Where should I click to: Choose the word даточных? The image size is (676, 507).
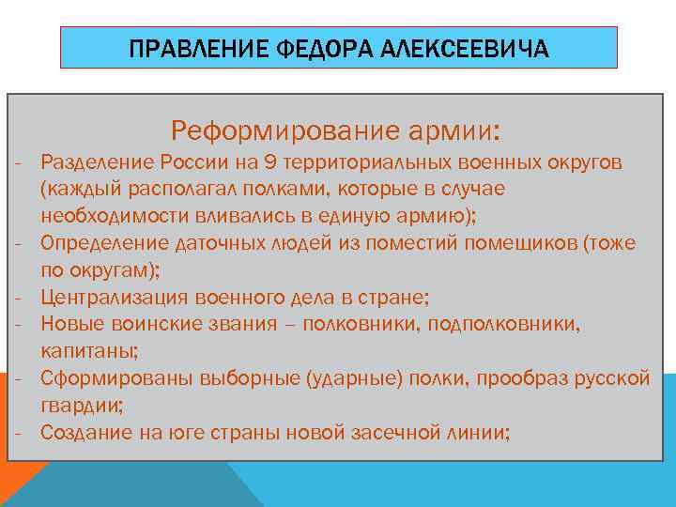pyautogui.click(x=211, y=243)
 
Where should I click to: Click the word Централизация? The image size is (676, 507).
pyautogui.click(x=115, y=298)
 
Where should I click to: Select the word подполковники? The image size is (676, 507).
pyautogui.click(x=511, y=325)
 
